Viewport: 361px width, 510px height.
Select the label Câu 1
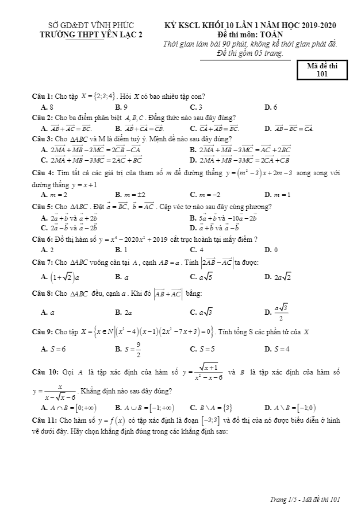click(x=43, y=96)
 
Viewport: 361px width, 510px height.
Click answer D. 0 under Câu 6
click(x=271, y=249)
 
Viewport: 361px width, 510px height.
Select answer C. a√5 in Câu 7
click(x=201, y=277)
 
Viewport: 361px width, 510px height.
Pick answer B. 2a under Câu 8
click(x=123, y=312)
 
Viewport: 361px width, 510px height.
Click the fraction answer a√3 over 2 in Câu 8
click(x=279, y=312)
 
